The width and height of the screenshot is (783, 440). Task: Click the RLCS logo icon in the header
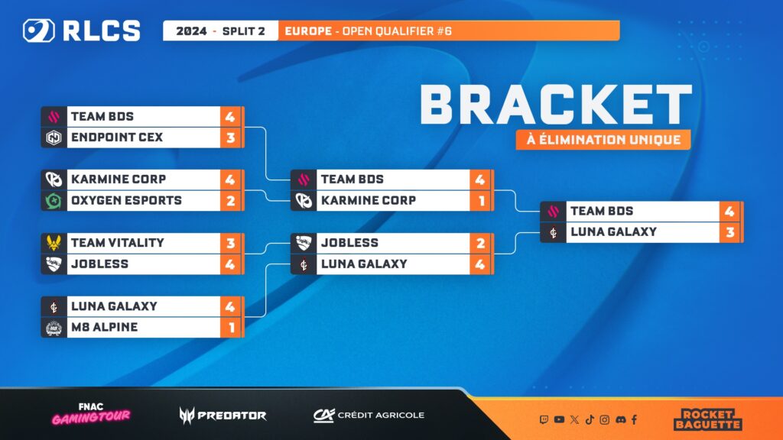click(37, 31)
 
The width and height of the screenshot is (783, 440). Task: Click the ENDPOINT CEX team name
click(116, 137)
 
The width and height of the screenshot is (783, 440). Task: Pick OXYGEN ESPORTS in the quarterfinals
click(125, 200)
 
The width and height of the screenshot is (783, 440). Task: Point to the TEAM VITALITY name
click(117, 242)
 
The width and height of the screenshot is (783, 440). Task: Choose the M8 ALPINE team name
click(103, 327)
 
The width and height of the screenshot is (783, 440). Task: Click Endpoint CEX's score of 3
click(230, 137)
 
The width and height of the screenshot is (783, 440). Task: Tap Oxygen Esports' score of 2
click(230, 200)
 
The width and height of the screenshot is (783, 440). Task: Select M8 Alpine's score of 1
click(230, 327)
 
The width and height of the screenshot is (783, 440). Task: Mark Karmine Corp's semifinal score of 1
click(480, 200)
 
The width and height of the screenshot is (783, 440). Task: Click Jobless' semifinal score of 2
click(480, 242)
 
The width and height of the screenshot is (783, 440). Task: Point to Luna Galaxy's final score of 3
click(729, 231)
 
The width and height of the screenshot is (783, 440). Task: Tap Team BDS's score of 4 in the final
click(729, 211)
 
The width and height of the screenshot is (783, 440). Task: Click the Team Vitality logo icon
click(54, 242)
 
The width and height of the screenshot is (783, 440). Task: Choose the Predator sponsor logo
click(223, 415)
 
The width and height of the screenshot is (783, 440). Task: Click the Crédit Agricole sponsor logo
click(369, 415)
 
